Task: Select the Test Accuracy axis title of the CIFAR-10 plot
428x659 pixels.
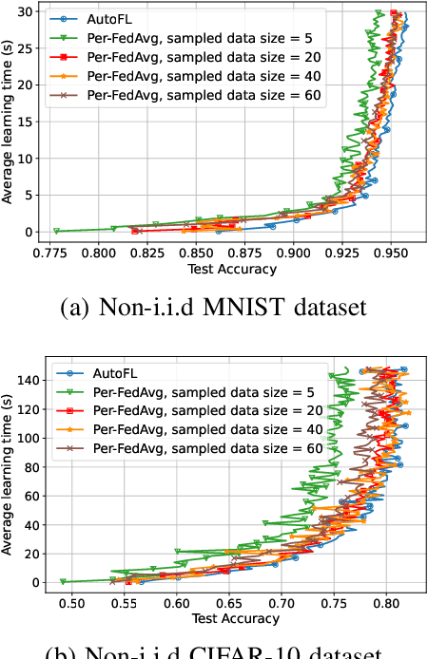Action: (234, 619)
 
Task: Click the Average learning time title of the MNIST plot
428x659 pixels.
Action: (9, 122)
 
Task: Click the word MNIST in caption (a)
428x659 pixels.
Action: (251, 308)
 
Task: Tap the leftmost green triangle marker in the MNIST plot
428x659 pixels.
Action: (57, 231)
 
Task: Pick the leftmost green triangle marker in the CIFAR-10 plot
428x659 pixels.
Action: (64, 581)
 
